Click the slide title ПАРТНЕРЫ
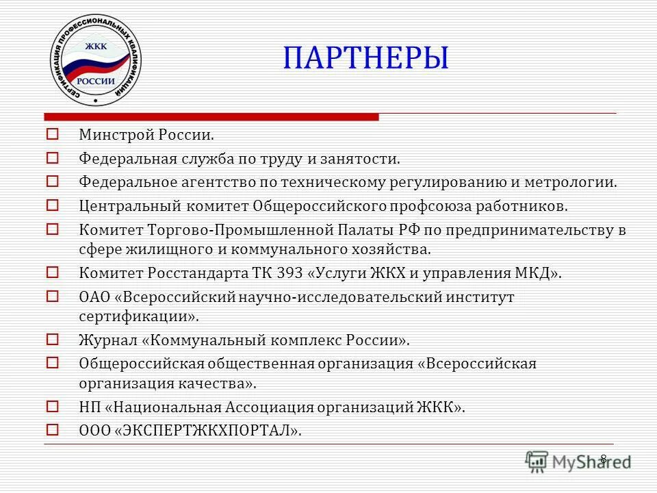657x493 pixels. (366, 59)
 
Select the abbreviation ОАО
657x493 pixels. (92, 297)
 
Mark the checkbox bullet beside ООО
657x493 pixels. (53, 429)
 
